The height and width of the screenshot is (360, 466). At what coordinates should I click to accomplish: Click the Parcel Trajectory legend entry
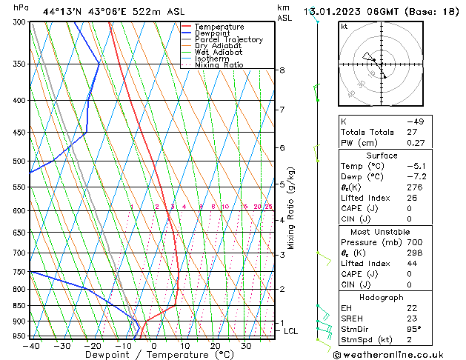tap(228, 40)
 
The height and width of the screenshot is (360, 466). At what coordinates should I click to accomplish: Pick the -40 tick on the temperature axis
tap(31, 345)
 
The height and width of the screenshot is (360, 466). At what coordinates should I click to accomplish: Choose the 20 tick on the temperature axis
tap(215, 345)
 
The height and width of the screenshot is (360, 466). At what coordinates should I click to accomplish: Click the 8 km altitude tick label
tap(282, 70)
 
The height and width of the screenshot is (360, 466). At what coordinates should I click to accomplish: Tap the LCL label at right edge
tap(290, 331)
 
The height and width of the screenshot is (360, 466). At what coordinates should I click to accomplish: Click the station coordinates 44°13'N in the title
tap(62, 12)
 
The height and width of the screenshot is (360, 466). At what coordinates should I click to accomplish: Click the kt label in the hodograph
tap(344, 27)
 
